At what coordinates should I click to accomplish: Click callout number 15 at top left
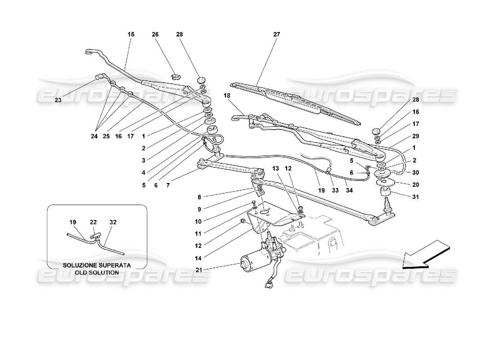(131, 34)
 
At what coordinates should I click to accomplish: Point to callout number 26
(155, 34)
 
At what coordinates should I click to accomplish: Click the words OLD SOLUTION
(97, 273)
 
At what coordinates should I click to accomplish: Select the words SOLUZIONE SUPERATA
(97, 265)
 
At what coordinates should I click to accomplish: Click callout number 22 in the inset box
(94, 222)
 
